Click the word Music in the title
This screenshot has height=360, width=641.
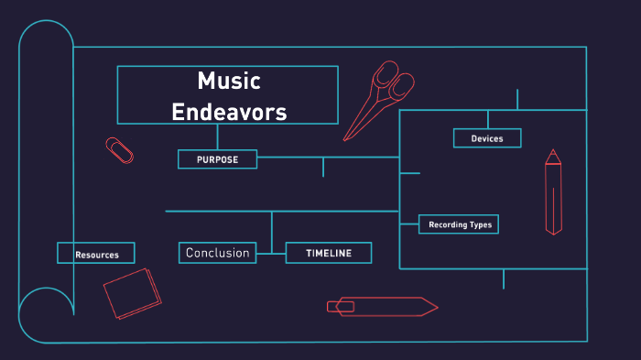pyautogui.click(x=229, y=82)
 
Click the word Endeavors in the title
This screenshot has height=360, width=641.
pyautogui.click(x=229, y=112)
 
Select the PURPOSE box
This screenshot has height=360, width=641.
pyautogui.click(x=217, y=159)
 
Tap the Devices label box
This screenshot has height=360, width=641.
pyautogui.click(x=487, y=138)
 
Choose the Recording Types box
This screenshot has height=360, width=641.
pyautogui.click(x=460, y=224)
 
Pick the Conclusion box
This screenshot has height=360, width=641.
pyautogui.click(x=217, y=253)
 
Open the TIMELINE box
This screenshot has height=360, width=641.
pyautogui.click(x=329, y=253)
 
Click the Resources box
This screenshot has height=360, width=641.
pyautogui.click(x=96, y=254)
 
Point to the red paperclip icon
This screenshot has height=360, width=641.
pyautogui.click(x=119, y=150)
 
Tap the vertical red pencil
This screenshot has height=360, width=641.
pyautogui.click(x=552, y=192)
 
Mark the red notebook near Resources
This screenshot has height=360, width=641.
pyautogui.click(x=132, y=293)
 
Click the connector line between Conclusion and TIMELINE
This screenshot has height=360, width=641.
pyautogui.click(x=271, y=253)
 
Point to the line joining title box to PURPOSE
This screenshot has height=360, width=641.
pyautogui.click(x=217, y=136)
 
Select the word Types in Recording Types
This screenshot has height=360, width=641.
pyautogui.click(x=479, y=224)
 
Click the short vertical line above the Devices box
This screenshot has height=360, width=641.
pyautogui.click(x=487, y=119)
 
